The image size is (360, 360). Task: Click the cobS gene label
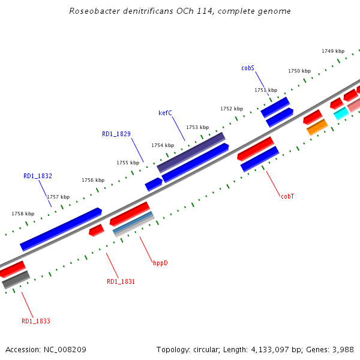(248, 68)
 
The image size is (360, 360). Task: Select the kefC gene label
(165, 113)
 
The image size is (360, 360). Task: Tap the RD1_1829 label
(116, 134)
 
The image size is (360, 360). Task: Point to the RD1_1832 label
(38, 176)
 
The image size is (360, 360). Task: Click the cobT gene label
(287, 196)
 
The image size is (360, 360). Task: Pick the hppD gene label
(160, 263)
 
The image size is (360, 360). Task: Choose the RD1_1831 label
(121, 282)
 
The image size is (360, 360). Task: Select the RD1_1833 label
(36, 322)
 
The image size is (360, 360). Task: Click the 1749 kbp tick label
(333, 52)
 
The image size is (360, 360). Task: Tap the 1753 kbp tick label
(197, 127)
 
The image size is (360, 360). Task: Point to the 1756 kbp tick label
(93, 180)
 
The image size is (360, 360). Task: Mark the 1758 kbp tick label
(23, 214)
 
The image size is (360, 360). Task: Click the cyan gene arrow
(341, 113)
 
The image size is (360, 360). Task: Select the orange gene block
(317, 127)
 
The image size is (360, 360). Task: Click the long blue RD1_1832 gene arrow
(61, 229)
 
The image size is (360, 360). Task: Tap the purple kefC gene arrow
(191, 152)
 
